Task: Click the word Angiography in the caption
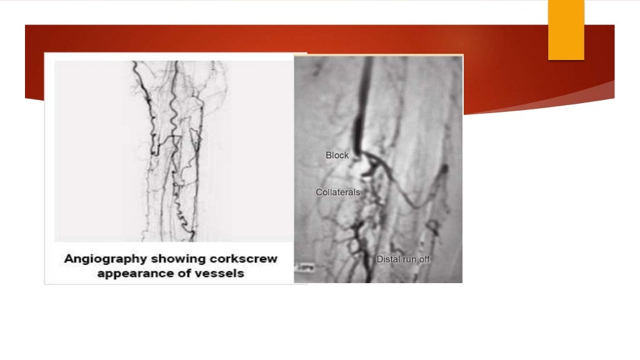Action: (104, 259)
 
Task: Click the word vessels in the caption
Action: (222, 273)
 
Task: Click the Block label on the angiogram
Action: (337, 155)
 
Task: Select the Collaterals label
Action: (338, 192)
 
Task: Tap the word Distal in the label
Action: (387, 259)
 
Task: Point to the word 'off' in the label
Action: (424, 259)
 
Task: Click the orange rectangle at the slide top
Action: (566, 29)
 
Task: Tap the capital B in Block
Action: (329, 155)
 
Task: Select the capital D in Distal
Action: (379, 259)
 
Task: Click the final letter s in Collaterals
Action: (358, 192)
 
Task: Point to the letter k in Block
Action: (346, 155)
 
